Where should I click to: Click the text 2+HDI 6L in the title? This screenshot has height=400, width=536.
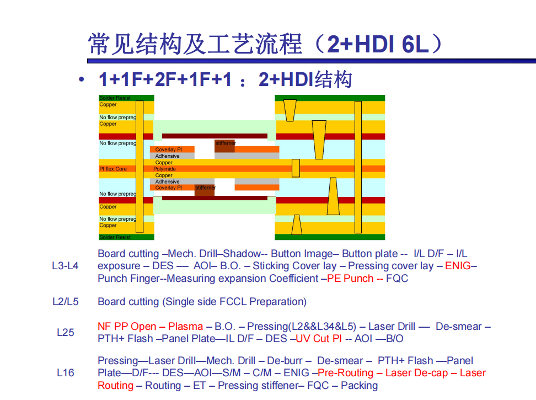point(378,44)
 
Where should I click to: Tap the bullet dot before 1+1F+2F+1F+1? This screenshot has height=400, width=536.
point(82,79)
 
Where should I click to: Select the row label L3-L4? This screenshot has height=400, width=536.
point(65,265)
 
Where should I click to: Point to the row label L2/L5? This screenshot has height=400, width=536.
point(65,302)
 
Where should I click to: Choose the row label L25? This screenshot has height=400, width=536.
point(65,332)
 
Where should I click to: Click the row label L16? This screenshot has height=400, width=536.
point(65,372)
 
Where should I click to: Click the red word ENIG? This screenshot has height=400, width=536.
point(458,265)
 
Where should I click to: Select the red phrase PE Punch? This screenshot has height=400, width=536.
point(350,278)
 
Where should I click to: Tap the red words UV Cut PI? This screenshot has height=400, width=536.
point(319,338)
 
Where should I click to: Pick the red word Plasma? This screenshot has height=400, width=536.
point(185,327)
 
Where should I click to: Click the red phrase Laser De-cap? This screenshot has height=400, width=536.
point(416,372)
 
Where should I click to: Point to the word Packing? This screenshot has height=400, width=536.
point(360,385)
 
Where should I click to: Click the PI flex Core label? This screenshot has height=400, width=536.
point(113,169)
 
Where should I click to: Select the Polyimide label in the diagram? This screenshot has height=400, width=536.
point(164,169)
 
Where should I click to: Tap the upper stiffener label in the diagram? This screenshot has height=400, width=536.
point(226,143)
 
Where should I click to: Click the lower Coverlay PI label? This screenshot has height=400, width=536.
point(169,188)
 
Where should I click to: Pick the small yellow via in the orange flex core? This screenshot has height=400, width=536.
point(296,168)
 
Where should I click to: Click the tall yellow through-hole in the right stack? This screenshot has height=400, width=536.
point(358,167)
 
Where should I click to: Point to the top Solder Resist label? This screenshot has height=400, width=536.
point(115,98)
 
